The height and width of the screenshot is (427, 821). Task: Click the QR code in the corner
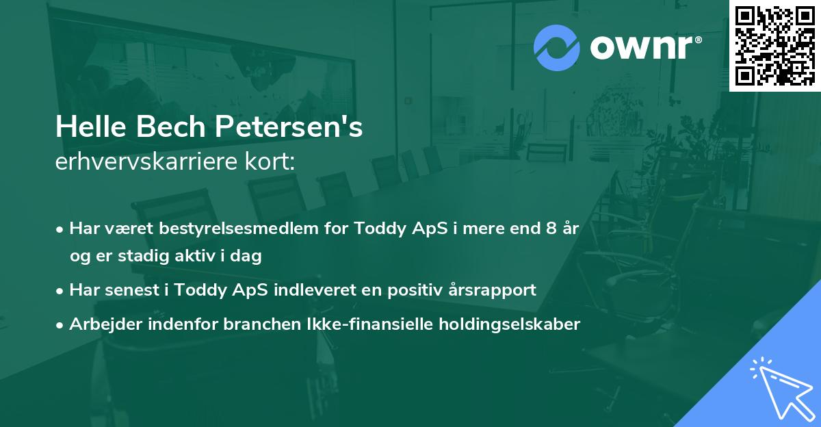pos(774,45)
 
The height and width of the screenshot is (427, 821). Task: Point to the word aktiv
pos(205,256)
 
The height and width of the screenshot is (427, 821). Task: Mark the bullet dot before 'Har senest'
pos(61,290)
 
